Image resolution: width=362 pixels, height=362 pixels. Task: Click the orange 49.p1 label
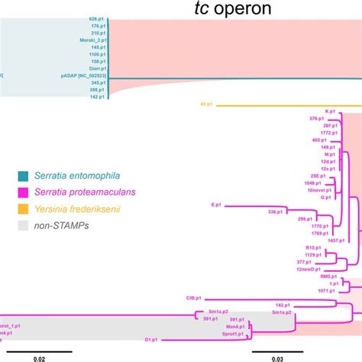pos(205,104)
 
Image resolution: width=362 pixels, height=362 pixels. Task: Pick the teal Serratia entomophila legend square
pos(26,175)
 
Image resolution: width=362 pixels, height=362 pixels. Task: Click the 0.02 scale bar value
pos(38,355)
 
